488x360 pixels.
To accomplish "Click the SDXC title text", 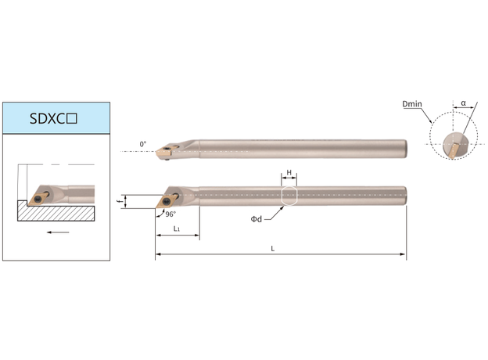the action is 53,118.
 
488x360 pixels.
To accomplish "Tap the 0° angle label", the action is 143,144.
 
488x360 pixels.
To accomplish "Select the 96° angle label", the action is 170,214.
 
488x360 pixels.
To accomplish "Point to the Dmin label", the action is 412,104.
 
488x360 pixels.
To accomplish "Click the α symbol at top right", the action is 464,103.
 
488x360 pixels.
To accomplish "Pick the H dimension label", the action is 289,172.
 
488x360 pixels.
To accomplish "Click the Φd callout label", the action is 257,219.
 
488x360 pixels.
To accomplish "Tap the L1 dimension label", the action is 177,229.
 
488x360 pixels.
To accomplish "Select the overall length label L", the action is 273,249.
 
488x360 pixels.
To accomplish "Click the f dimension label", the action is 119,201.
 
